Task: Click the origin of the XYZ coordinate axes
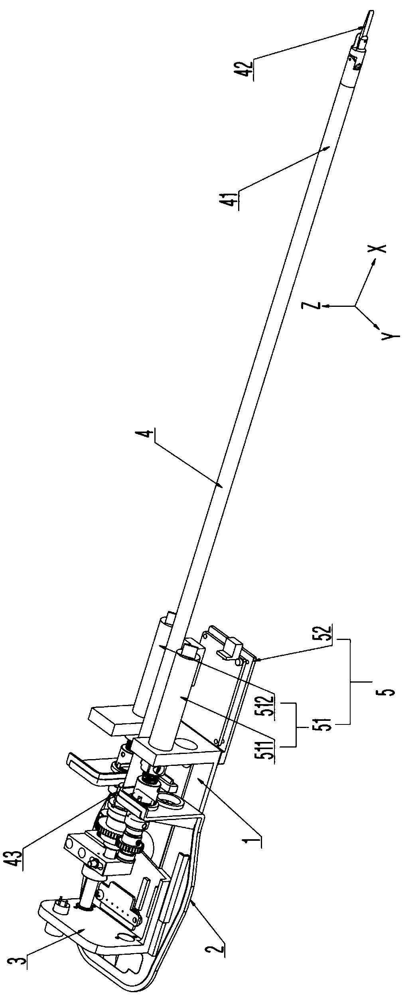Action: tap(355, 306)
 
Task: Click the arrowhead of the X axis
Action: tap(374, 261)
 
